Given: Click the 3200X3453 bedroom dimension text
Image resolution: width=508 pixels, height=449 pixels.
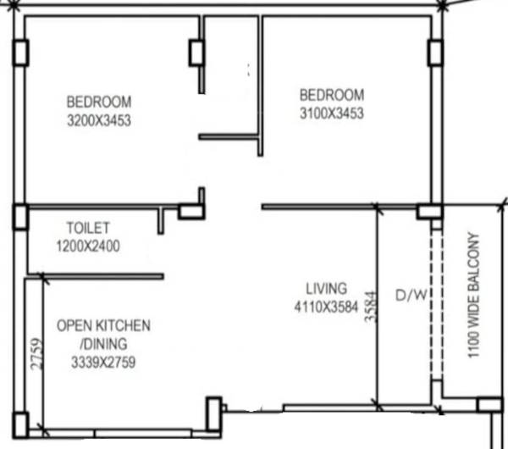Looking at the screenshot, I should point(98,120).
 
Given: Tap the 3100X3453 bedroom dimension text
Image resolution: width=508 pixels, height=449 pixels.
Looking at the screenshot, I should point(331,112).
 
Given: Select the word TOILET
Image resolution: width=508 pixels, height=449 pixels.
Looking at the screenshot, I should point(88,228).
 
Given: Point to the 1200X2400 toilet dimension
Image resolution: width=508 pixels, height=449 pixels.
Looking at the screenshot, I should point(88,247).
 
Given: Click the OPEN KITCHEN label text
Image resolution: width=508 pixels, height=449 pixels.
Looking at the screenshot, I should point(103,325).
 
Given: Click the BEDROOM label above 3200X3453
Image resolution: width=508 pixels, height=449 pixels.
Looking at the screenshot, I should point(98,103).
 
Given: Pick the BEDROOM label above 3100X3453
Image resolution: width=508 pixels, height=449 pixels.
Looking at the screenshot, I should point(331,94).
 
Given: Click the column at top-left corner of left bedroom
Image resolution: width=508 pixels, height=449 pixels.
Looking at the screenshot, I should point(20,53).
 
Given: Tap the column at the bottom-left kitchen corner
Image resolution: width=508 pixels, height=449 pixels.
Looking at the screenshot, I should point(20,423).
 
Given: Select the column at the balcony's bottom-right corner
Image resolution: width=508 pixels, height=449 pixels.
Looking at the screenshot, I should point(489,406).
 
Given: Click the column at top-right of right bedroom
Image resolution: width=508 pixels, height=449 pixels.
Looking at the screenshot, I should point(435,53).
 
